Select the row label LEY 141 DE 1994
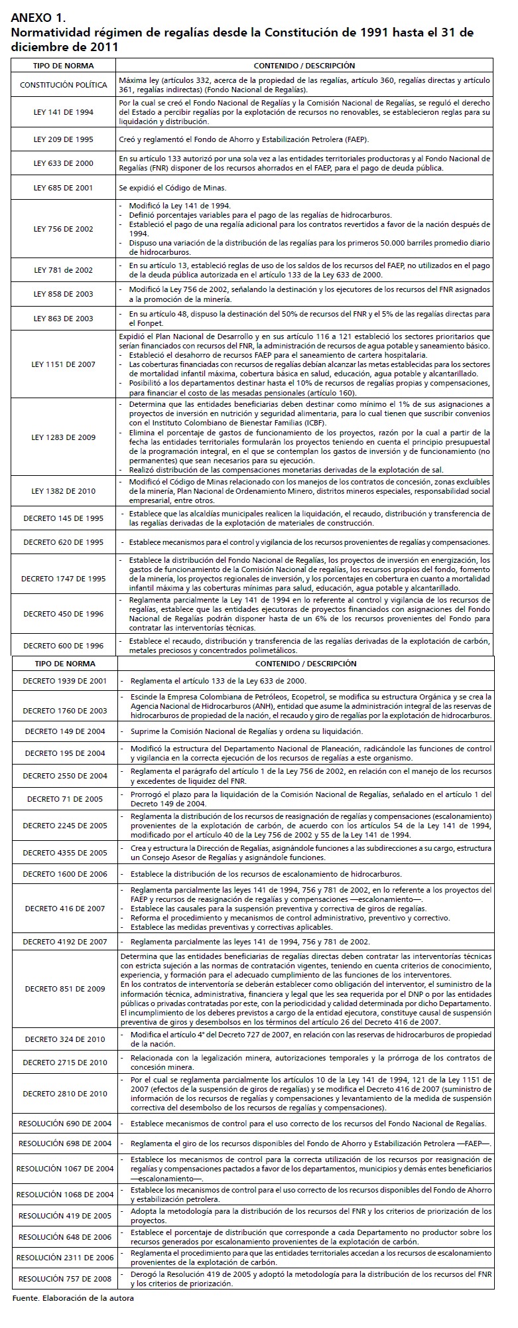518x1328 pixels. click(x=64, y=112)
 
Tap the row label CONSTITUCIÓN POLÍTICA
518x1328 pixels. click(x=64, y=85)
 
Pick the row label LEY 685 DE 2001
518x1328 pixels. click(x=64, y=188)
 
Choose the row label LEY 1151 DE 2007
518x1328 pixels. click(x=64, y=364)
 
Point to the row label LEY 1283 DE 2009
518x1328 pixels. click(x=64, y=437)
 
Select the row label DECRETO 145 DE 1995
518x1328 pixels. click(x=64, y=518)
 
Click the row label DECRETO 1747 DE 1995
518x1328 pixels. click(x=64, y=579)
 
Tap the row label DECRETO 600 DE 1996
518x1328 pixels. click(x=64, y=646)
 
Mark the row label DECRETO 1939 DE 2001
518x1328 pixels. click(x=65, y=681)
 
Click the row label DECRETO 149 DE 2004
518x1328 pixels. click(x=65, y=731)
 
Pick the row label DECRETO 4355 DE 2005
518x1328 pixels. click(x=65, y=853)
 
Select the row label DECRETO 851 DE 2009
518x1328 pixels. click(x=65, y=989)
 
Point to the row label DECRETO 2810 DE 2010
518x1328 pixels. click(x=65, y=1094)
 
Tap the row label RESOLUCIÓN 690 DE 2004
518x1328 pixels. click(x=65, y=1124)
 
